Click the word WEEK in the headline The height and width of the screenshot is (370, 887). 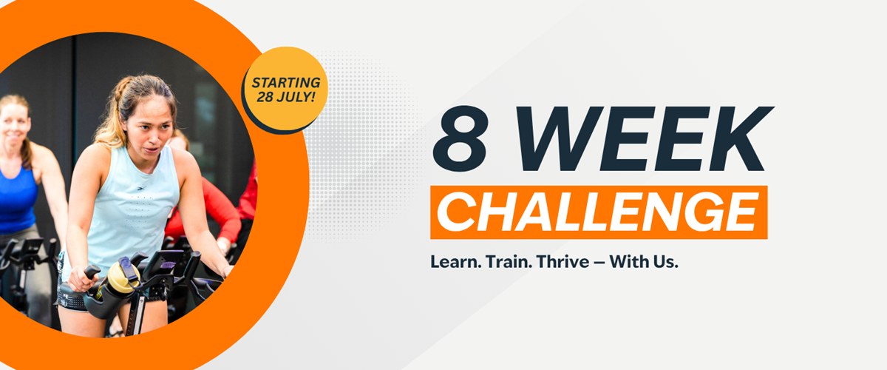(645, 139)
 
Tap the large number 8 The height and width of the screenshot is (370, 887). (461, 139)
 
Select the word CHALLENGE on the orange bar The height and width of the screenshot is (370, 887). (598, 212)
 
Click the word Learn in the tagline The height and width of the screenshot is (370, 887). (456, 262)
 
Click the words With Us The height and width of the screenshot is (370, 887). (644, 262)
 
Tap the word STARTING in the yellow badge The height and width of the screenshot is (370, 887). (286, 82)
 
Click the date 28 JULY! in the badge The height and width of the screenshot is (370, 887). (286, 96)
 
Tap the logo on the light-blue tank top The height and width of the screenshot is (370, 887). (141, 188)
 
